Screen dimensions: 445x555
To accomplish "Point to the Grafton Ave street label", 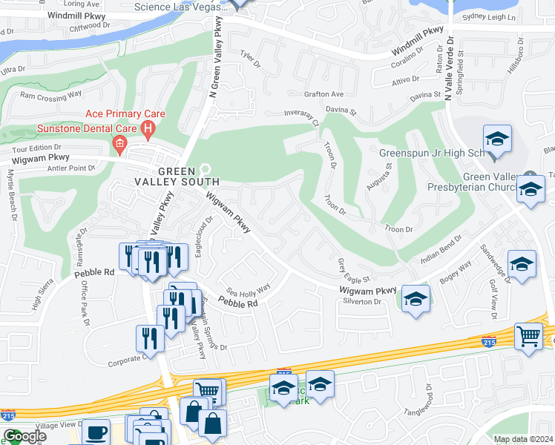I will [324, 94].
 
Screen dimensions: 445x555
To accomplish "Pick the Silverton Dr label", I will [361, 302].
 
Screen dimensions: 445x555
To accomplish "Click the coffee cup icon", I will [96, 432].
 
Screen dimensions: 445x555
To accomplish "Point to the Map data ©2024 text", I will [523, 439].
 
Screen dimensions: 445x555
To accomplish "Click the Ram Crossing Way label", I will [50, 95].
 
